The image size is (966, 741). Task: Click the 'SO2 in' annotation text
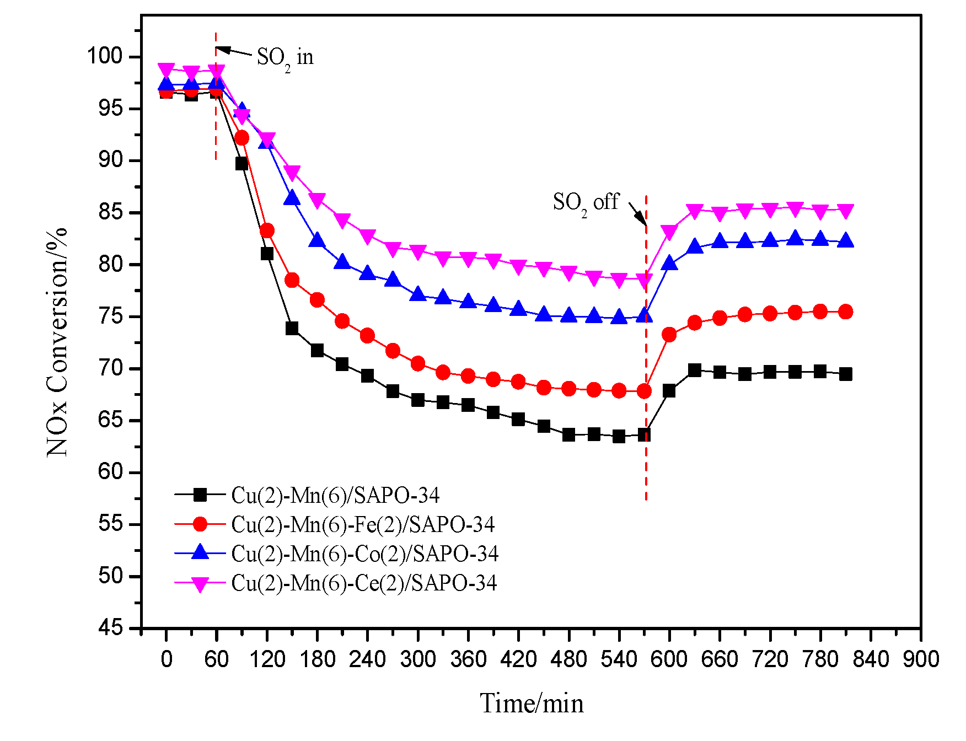pos(285,58)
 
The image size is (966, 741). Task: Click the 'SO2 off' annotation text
pos(586,203)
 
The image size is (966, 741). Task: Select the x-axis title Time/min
pos(532,704)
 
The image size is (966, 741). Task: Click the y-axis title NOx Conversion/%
pos(57,342)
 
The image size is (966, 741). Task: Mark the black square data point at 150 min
pos(292,329)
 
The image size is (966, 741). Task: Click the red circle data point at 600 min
pos(669,335)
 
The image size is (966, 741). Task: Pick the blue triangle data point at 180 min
pos(317,240)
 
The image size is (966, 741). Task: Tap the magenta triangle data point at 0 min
pos(167,70)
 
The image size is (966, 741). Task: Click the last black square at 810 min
pos(845,374)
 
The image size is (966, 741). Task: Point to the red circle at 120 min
pos(267,230)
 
